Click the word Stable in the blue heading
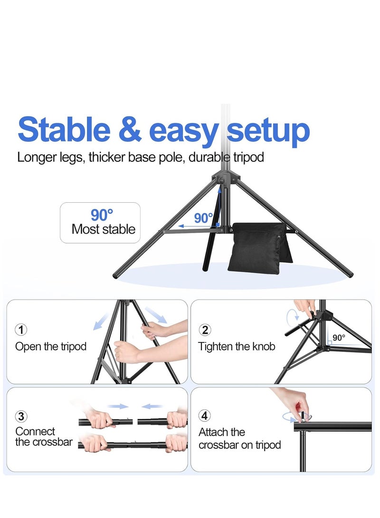[x=64, y=129]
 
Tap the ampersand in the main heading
[x=130, y=129]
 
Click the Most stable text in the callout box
[x=104, y=229]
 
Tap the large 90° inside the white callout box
[x=102, y=215]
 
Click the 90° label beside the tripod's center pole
[x=203, y=218]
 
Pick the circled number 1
[x=21, y=330]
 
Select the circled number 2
[x=205, y=330]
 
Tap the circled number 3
[x=21, y=416]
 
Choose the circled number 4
[x=205, y=415]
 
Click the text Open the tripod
[x=51, y=347]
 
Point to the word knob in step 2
[x=264, y=346]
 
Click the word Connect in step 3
[x=35, y=432]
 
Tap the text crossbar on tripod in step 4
[x=239, y=445]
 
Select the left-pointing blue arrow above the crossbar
[x=152, y=406]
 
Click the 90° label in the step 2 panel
[x=339, y=338]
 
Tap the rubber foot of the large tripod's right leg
[x=350, y=274]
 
